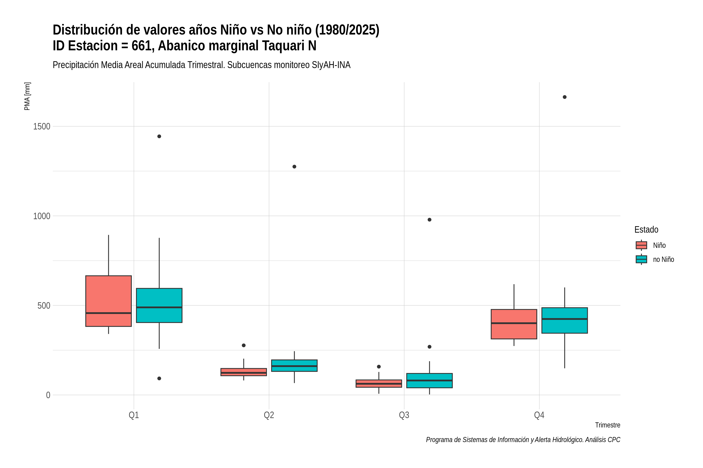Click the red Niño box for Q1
pyautogui.click(x=109, y=301)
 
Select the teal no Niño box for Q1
pyautogui.click(x=159, y=305)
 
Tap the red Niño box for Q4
pyautogui.click(x=514, y=324)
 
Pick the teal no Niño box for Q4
pyautogui.click(x=565, y=320)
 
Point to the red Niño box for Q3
pyautogui.click(x=379, y=384)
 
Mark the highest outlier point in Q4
pyautogui.click(x=565, y=97)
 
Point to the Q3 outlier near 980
pyautogui.click(x=429, y=220)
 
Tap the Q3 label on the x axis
pyautogui.click(x=404, y=415)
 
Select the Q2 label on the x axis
pyautogui.click(x=269, y=415)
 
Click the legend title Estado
pyautogui.click(x=646, y=230)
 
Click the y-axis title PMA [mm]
pyautogui.click(x=27, y=96)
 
